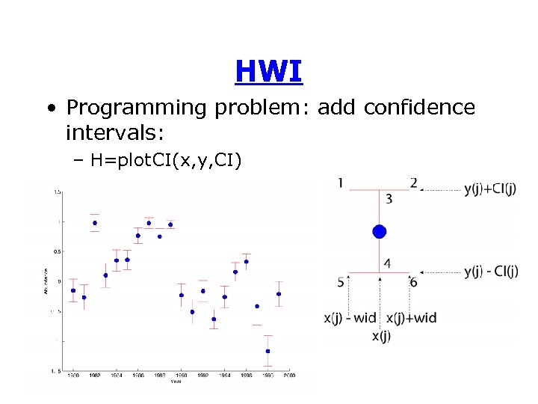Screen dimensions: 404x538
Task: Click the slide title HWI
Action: click(x=268, y=72)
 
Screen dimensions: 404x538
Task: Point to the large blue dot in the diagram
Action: click(x=380, y=232)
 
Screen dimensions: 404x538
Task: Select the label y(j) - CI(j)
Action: click(x=490, y=272)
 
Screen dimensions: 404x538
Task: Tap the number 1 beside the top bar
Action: click(x=341, y=183)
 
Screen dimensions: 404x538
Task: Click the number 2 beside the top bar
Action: click(x=413, y=183)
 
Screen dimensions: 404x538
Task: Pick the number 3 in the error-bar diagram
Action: click(x=389, y=199)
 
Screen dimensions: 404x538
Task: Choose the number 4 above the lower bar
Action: click(x=387, y=263)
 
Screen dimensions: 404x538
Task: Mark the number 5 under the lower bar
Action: click(x=341, y=282)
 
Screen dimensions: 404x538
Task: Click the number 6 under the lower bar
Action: click(x=413, y=282)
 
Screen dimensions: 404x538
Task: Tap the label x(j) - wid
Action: click(x=350, y=318)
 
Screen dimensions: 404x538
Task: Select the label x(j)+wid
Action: click(x=411, y=318)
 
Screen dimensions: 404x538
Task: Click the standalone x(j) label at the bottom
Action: click(x=381, y=336)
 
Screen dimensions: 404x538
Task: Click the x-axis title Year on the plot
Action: click(x=175, y=381)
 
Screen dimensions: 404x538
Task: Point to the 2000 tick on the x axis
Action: click(x=289, y=375)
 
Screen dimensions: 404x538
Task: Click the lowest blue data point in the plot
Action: click(x=268, y=351)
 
